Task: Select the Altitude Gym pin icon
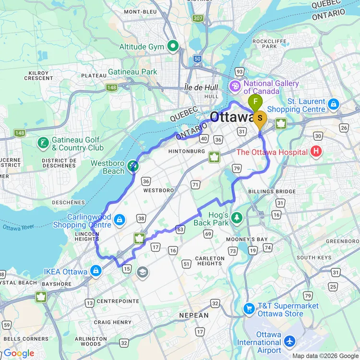point(173,47)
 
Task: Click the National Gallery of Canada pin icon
point(236,87)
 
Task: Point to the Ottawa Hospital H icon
point(316,152)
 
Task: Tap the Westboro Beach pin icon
point(133,167)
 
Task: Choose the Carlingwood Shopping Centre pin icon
point(120,220)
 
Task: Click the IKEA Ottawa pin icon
point(96,271)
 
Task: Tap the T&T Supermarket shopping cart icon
point(249,309)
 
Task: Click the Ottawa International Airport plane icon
point(289,341)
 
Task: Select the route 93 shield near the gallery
point(239,72)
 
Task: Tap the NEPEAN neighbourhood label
point(193,315)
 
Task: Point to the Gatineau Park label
point(139,72)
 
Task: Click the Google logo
point(19,354)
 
